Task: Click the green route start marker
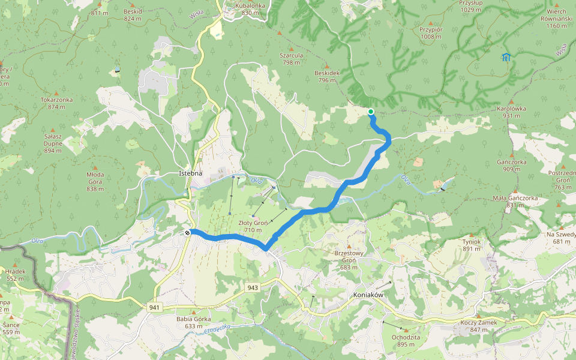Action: (x=371, y=112)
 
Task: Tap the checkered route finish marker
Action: (x=188, y=233)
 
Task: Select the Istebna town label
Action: (x=191, y=173)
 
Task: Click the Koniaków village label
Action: (x=369, y=295)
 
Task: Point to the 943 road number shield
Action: (x=253, y=288)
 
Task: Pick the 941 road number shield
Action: (x=155, y=307)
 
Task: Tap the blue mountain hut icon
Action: (x=506, y=58)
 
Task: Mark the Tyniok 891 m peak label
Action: (x=472, y=245)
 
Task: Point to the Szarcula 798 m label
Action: (x=291, y=58)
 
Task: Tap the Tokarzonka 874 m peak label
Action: (x=56, y=103)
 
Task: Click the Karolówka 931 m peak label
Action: (x=511, y=112)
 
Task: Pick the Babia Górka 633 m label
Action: (x=193, y=322)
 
